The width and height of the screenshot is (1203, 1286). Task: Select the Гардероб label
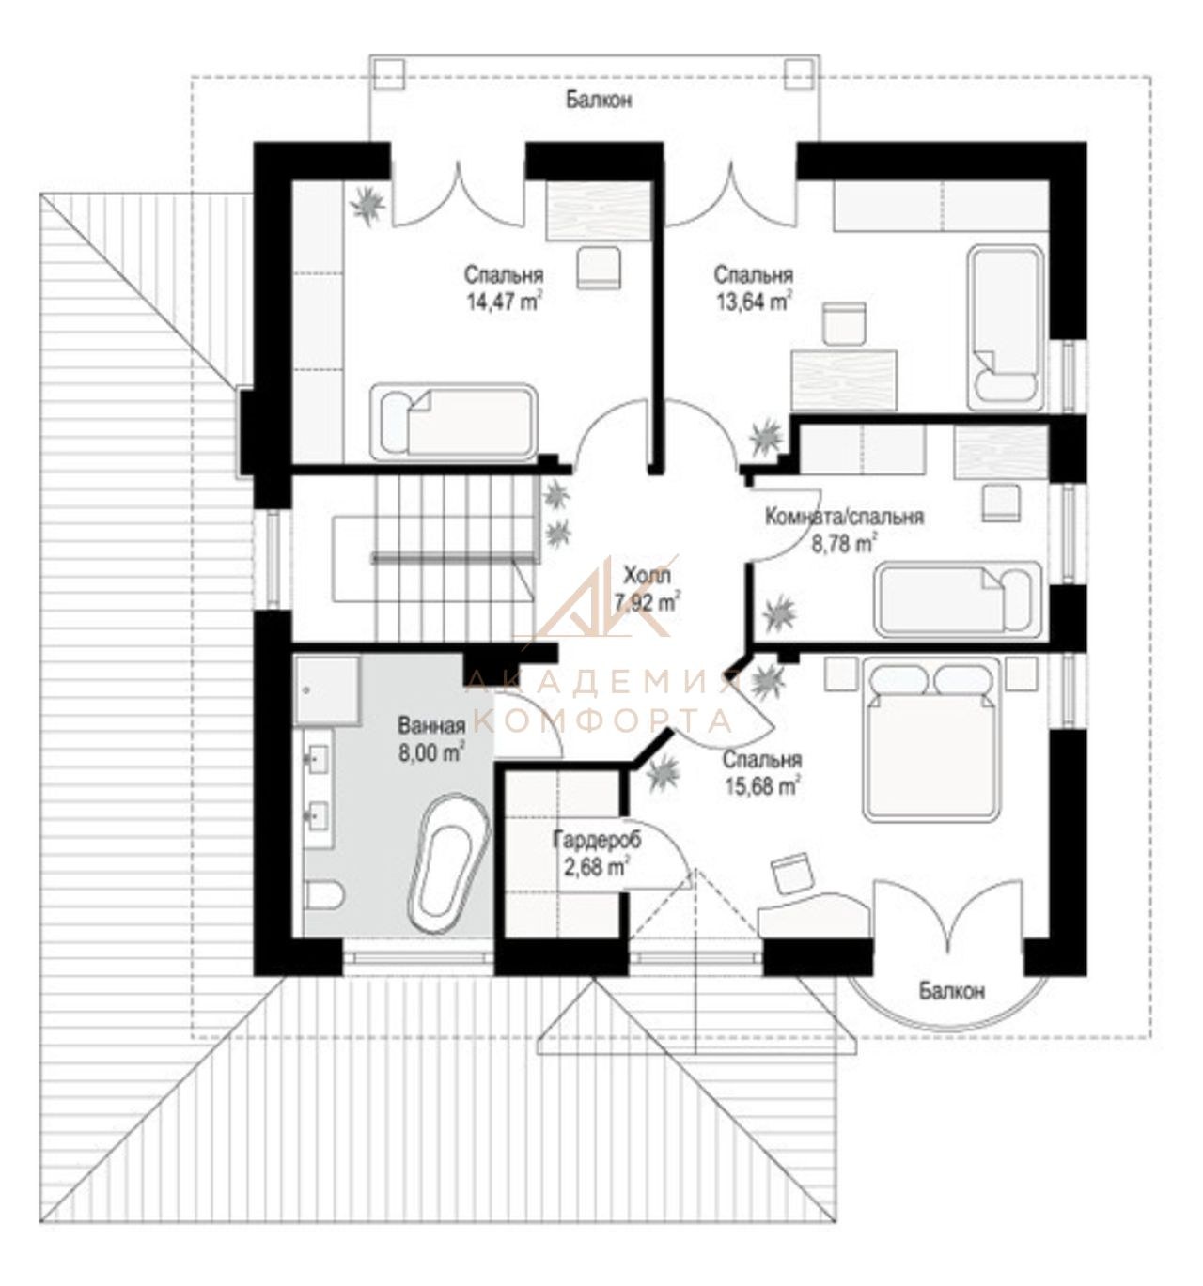tap(596, 840)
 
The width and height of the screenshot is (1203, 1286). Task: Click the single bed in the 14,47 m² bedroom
tap(452, 423)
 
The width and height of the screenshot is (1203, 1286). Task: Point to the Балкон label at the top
tap(599, 100)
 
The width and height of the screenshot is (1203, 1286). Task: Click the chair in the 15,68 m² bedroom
tap(791, 875)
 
